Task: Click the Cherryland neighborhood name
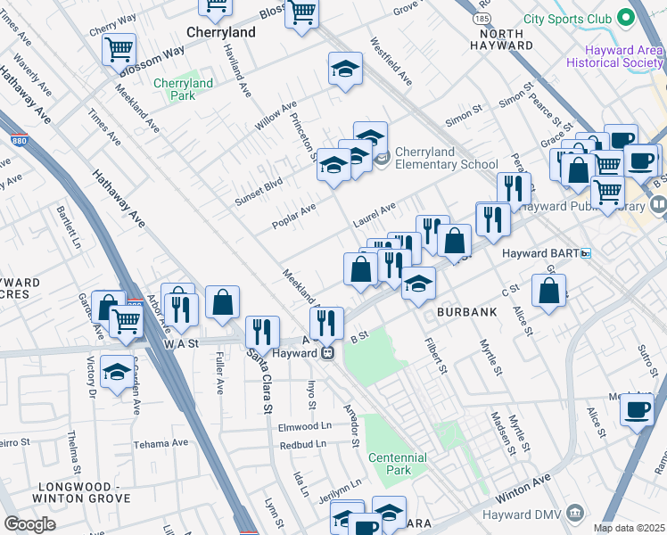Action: pyautogui.click(x=221, y=31)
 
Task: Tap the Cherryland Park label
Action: pyautogui.click(x=182, y=89)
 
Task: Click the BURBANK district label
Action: pyautogui.click(x=460, y=314)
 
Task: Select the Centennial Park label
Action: pyautogui.click(x=397, y=464)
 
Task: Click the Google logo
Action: pyautogui.click(x=29, y=523)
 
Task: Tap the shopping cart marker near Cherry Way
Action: pyautogui.click(x=119, y=48)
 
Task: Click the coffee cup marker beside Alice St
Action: pyautogui.click(x=636, y=409)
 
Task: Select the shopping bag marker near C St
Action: pyautogui.click(x=549, y=289)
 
